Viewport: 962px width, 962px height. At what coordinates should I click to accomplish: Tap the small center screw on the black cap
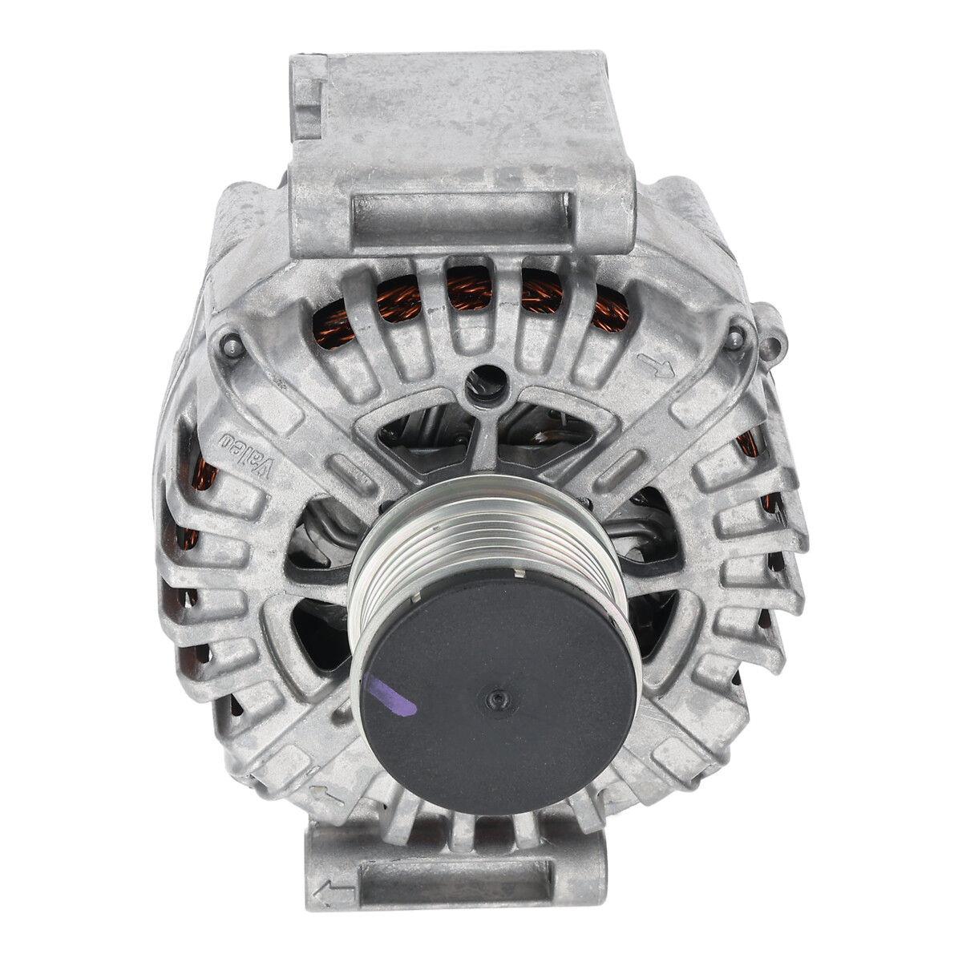click(x=495, y=699)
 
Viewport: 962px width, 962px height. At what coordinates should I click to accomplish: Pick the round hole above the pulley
click(x=485, y=382)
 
